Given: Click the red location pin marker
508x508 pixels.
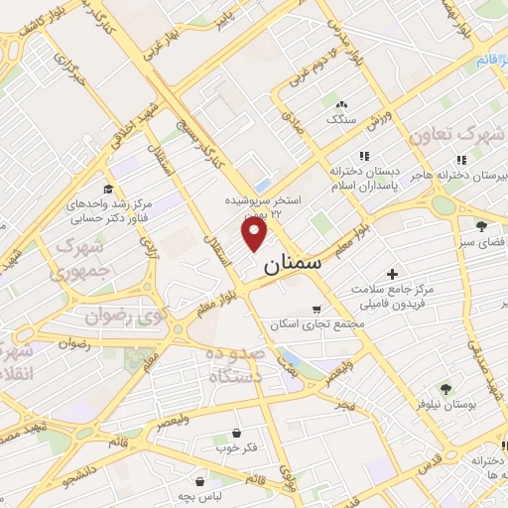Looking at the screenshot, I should pos(255,233).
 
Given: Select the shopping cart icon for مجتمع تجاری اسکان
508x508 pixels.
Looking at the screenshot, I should pos(317,309).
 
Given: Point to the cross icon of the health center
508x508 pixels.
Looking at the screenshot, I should pos(392,274).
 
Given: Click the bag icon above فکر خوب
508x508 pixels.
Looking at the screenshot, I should pos(235,433).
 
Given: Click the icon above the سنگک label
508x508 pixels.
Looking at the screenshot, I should pos(341,104).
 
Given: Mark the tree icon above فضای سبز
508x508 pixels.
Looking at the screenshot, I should pos(481,226).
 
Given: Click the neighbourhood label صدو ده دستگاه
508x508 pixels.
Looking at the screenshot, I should pos(235,366).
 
